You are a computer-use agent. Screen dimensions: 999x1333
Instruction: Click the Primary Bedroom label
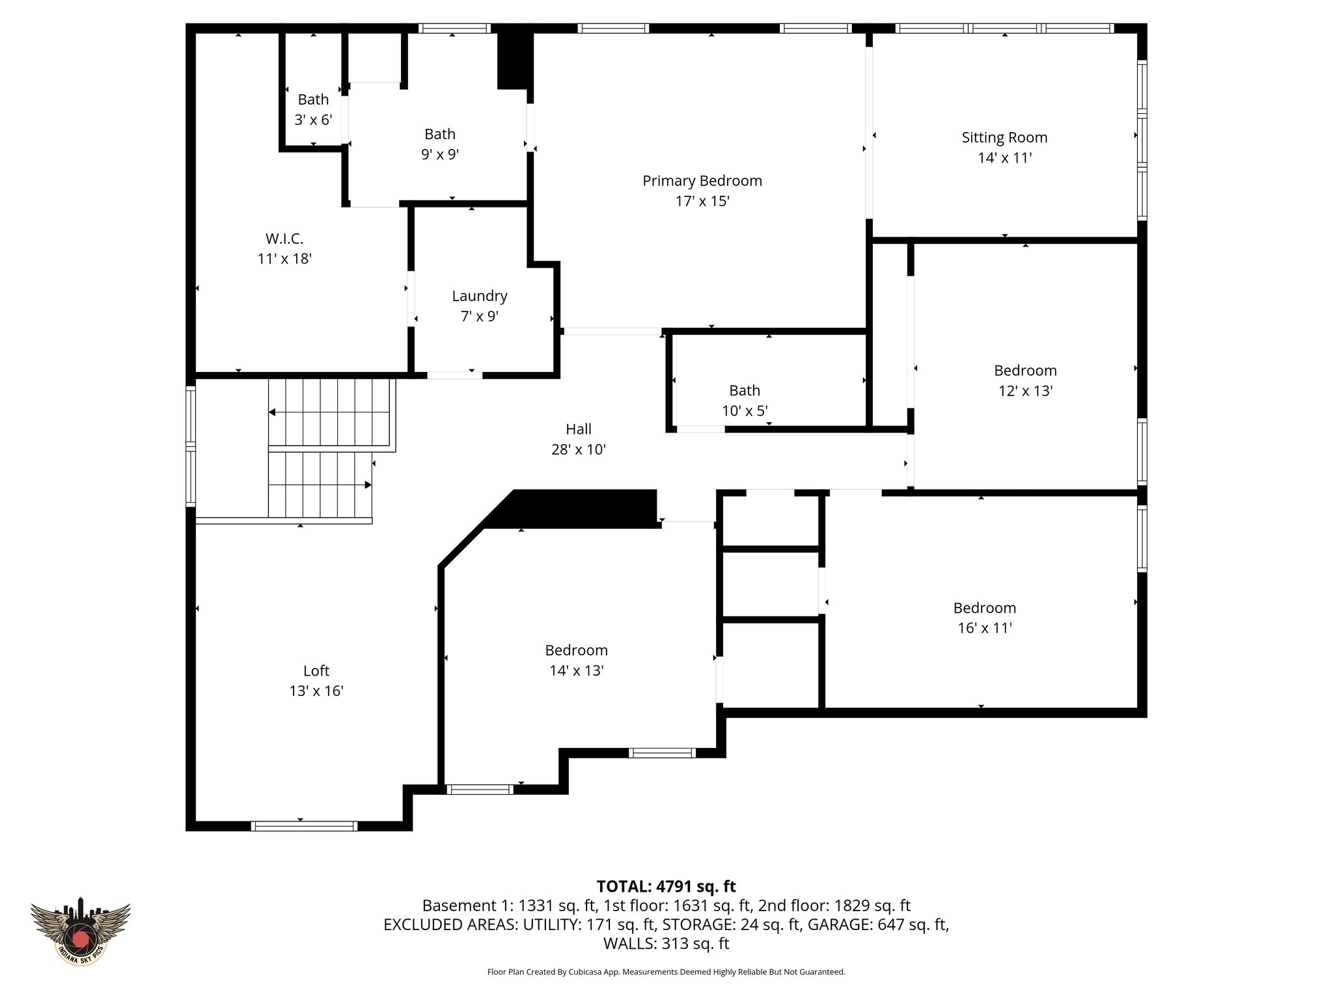[702, 181]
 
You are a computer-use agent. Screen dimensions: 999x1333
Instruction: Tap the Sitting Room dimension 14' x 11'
[1004, 158]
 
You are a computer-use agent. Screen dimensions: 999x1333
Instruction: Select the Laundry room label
[480, 296]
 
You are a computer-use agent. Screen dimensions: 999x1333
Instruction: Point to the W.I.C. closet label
[284, 239]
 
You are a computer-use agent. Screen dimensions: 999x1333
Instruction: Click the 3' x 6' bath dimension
[313, 120]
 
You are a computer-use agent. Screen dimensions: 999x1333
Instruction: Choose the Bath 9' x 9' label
[440, 135]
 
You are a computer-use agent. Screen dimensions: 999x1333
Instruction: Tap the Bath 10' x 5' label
[745, 391]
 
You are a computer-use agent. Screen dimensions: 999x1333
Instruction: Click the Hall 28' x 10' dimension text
[579, 449]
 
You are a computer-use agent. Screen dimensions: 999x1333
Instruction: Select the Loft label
[316, 671]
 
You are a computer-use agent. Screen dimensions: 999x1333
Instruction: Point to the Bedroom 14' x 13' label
[576, 650]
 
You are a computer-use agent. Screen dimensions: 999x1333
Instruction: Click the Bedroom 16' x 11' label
[984, 608]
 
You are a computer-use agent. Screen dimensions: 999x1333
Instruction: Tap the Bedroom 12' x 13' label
[1025, 371]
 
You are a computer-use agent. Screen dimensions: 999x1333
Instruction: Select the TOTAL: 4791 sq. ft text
[666, 886]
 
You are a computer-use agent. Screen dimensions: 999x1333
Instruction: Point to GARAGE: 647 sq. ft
[877, 924]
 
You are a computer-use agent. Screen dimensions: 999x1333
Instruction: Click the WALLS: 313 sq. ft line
[666, 943]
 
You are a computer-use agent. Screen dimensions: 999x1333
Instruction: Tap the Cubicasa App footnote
[666, 972]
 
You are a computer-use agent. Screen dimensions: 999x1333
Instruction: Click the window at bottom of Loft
[304, 826]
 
